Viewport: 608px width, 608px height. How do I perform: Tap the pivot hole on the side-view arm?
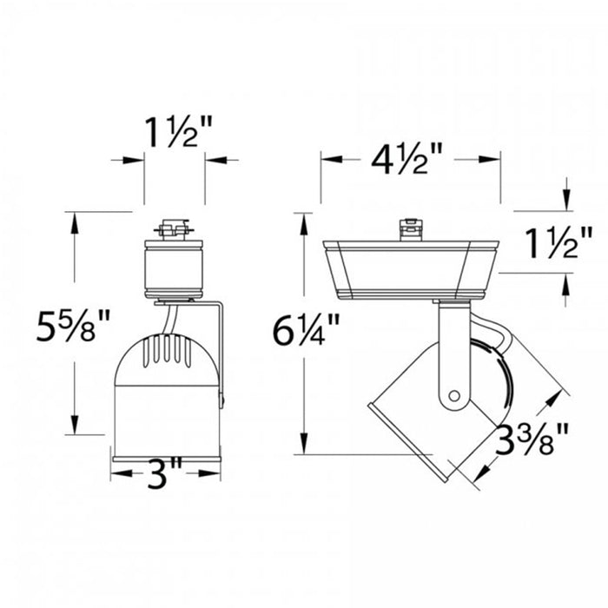point(453,396)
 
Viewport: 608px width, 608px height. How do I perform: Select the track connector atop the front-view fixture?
point(174,230)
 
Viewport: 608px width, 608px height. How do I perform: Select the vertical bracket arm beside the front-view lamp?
point(221,347)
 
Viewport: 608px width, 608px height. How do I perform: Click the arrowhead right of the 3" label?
point(208,474)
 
